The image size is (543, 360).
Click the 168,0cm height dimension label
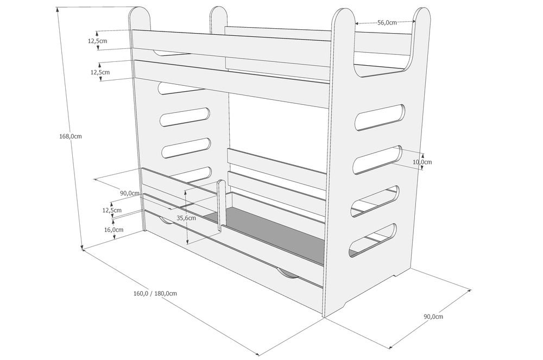coord(71,136)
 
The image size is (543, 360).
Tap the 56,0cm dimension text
coord(387,22)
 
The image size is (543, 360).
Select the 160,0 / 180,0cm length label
coord(155,293)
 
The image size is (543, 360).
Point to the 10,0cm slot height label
coord(422,162)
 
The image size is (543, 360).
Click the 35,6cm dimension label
coord(186,218)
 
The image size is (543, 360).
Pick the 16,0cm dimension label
coord(113,230)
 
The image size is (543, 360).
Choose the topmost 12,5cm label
coord(97,41)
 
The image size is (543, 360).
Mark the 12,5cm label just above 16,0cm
coord(112,210)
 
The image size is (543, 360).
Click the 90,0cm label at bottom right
coord(433,317)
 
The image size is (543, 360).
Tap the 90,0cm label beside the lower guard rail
coord(130,193)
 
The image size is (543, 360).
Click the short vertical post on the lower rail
coord(220,206)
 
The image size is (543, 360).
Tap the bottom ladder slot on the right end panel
coord(372,240)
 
